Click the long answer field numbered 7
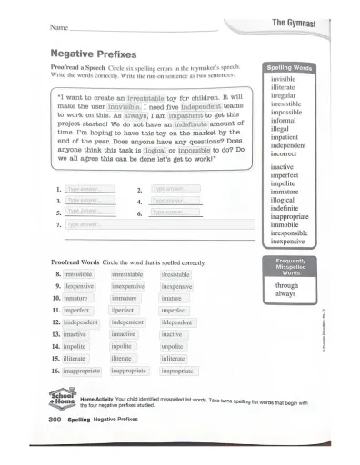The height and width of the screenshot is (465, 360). (136, 223)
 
